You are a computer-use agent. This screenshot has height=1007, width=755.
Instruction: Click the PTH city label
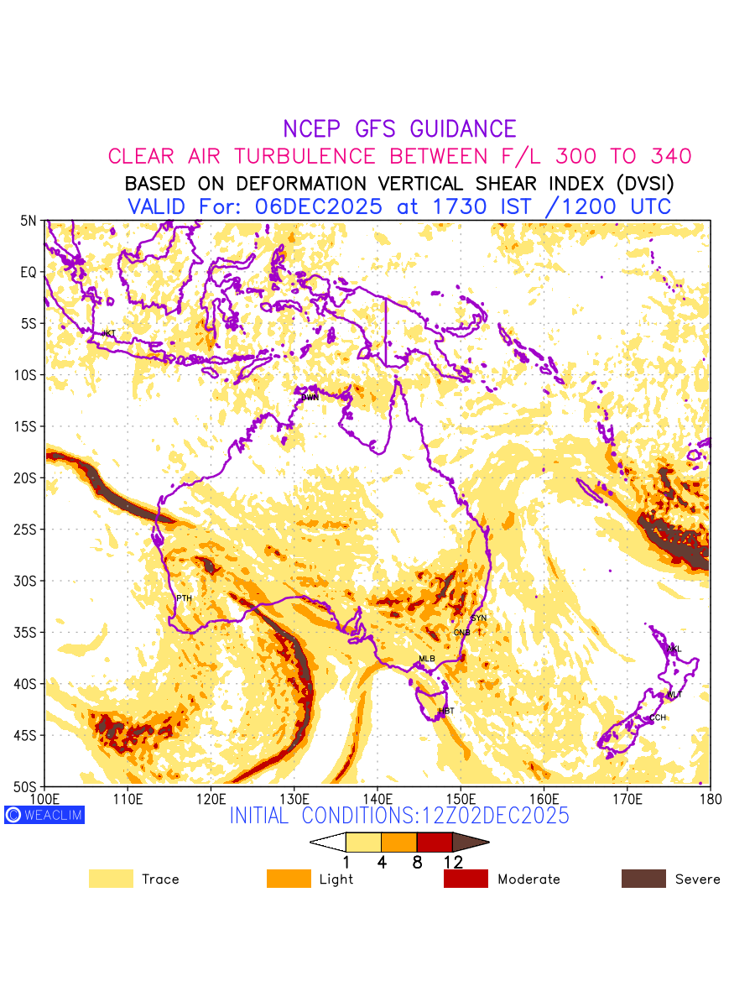[184, 598]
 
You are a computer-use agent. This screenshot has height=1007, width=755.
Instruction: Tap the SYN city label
[479, 618]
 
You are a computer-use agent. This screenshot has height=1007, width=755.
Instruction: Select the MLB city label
[427, 659]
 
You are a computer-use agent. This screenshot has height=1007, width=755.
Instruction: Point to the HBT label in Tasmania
[446, 711]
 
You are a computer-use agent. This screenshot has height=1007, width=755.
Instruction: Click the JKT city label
[108, 334]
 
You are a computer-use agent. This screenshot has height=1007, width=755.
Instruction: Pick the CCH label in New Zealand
[658, 717]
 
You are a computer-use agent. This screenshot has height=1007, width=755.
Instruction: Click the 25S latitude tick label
[28, 530]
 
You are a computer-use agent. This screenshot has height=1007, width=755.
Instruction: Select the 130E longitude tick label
[294, 797]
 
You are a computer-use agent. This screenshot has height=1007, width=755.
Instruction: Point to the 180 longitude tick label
[710, 797]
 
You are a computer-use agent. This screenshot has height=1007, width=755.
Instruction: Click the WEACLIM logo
[44, 815]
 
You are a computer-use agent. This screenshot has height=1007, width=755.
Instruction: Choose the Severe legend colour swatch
[643, 879]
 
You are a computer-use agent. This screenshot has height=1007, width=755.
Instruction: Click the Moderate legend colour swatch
[466, 879]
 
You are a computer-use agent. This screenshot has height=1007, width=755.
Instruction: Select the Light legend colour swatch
[289, 879]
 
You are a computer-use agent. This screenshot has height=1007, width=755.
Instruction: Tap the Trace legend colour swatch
[111, 879]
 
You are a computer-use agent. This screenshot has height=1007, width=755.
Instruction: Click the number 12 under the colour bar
[453, 862]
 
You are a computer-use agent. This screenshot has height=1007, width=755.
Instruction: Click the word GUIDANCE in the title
[463, 129]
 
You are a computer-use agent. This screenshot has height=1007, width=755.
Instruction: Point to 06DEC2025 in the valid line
[318, 206]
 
